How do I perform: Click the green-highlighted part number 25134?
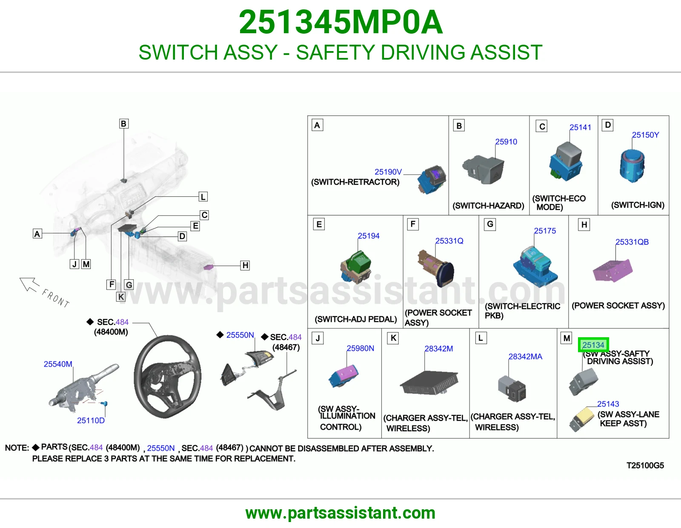593,345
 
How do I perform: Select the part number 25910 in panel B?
506,142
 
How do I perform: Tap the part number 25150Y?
645,135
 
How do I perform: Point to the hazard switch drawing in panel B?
483,169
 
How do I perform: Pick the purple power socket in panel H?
612,270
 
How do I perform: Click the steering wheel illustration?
167,376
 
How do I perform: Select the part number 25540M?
57,364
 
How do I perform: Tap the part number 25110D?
91,420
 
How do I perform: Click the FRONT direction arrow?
29,284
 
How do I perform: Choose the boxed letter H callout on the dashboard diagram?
245,265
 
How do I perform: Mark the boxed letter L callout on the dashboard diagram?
203,197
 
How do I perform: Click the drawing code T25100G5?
645,465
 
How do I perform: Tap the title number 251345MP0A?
340,22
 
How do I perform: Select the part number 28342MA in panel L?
525,356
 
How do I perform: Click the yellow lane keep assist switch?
582,419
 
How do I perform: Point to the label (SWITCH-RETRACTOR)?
355,182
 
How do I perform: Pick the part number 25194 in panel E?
369,236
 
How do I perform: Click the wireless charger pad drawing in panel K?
429,383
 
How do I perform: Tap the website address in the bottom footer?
340,513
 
